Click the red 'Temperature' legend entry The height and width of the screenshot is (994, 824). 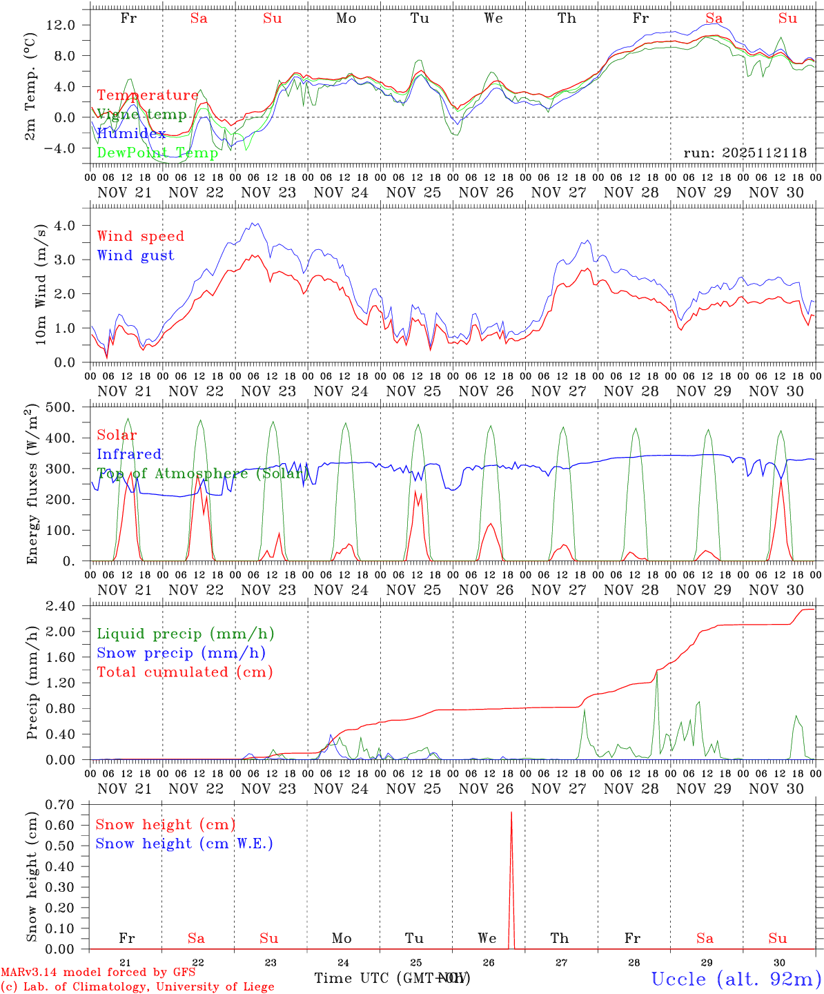coord(148,95)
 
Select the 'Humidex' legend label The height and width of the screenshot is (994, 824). coord(131,133)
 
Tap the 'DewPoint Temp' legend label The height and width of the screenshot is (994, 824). coord(157,153)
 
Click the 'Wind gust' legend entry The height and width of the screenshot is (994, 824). coord(135,255)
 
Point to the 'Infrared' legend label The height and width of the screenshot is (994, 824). coord(129,454)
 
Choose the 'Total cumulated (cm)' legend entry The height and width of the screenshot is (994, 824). coord(184,672)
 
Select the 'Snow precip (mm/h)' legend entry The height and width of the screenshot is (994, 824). coord(181,653)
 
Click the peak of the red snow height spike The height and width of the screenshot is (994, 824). coord(511,812)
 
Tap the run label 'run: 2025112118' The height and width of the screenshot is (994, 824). coord(745,153)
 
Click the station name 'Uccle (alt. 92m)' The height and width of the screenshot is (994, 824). coord(736,979)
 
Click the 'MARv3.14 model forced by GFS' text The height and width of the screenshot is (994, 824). coord(98,973)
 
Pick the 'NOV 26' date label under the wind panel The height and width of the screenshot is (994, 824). coord(486,391)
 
